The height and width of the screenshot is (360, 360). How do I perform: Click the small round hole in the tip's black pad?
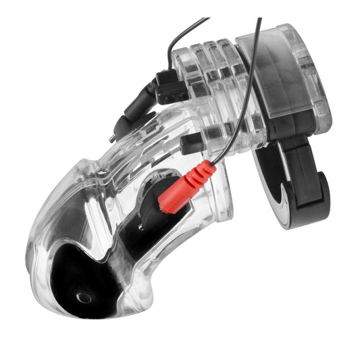tap(84, 297)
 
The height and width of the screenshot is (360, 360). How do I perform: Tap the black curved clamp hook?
tap(301, 196)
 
